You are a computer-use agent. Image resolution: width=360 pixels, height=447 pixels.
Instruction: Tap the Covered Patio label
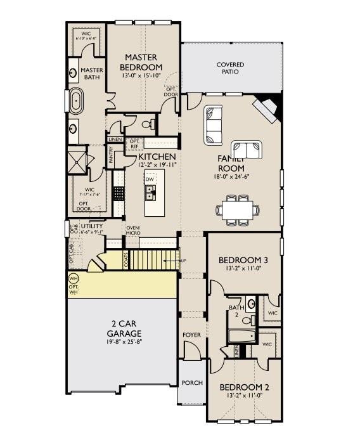pos(230,68)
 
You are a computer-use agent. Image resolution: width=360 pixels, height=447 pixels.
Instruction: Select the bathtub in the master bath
pos(76,101)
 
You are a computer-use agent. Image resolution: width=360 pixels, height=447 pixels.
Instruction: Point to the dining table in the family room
pos(238,209)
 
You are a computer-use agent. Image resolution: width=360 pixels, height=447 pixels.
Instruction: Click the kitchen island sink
pos(151,191)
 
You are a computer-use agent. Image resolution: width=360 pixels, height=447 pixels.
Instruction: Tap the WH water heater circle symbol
pos(73,278)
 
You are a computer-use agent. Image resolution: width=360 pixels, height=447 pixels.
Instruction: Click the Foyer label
pos(191,334)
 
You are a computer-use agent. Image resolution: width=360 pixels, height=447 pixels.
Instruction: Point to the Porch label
pos(191,383)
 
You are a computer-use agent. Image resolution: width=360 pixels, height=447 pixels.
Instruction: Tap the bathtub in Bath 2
pos(242,336)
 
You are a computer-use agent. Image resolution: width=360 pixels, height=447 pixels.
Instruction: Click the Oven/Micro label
pos(133,231)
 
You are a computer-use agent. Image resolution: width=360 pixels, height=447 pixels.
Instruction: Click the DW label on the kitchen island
pos(150,179)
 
